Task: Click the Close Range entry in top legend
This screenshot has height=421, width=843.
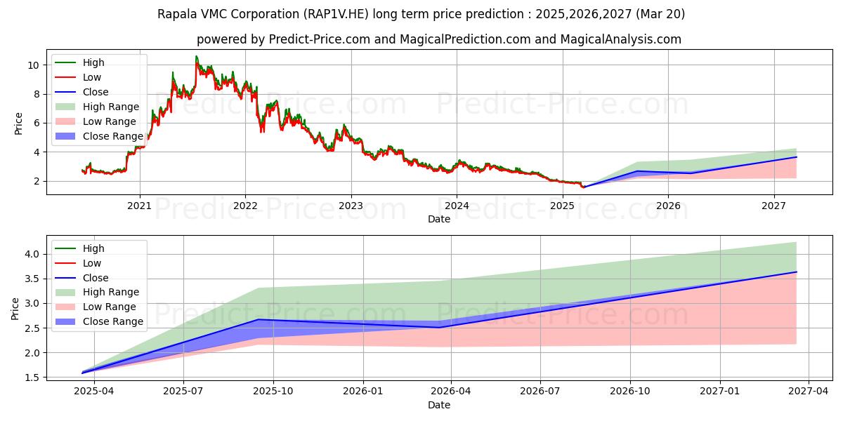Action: click(x=112, y=136)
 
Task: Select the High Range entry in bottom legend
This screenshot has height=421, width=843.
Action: click(x=110, y=292)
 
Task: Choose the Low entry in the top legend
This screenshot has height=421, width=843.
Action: click(x=92, y=77)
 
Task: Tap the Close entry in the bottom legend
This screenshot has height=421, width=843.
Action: click(x=96, y=278)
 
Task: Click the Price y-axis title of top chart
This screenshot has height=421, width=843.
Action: click(x=18, y=123)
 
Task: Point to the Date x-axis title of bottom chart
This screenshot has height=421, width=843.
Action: click(x=439, y=405)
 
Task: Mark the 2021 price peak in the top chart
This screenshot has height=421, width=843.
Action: click(x=196, y=56)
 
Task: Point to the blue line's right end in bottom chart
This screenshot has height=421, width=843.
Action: click(x=797, y=272)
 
